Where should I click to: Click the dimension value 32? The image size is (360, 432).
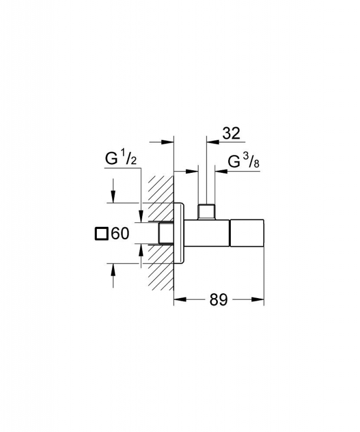coord(231,133)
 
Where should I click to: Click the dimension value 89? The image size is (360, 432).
coord(219,300)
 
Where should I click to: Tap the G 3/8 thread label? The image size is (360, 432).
coord(244,161)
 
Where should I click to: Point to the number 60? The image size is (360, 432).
coord(120,234)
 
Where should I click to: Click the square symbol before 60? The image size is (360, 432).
coord(101,234)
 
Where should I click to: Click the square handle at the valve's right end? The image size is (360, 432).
coord(247,233)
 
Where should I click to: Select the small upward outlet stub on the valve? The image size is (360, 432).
coord(206,212)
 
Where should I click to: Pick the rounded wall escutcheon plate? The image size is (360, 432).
coord(178,233)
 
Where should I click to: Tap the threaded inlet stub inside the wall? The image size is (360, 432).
coord(166,233)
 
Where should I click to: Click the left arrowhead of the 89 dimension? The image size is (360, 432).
coord(180,300)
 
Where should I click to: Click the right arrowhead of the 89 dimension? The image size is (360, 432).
coord(257,300)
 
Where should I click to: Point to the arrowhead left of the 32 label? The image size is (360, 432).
coord(213,142)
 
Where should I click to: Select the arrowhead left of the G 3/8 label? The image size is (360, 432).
coord(221,171)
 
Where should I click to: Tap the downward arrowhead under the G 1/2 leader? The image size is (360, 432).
coord(141,215)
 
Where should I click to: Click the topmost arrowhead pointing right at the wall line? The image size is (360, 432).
coord(167,142)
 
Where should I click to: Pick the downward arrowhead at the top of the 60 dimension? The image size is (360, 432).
coord(113,197)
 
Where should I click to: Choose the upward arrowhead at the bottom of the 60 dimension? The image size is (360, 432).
coord(113,270)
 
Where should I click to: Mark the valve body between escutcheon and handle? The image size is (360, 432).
coord(206,233)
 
